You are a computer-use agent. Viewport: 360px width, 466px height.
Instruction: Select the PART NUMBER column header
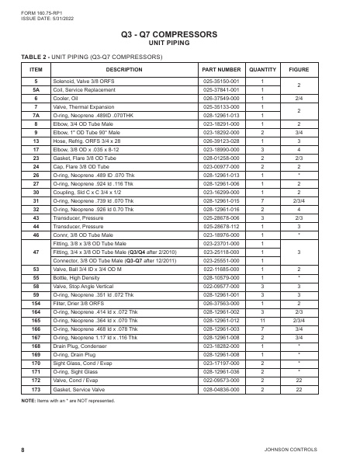click(225, 69)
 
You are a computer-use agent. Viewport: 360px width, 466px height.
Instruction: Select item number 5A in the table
click(36, 89)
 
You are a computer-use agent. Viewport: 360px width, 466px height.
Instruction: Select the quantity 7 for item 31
click(264, 200)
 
